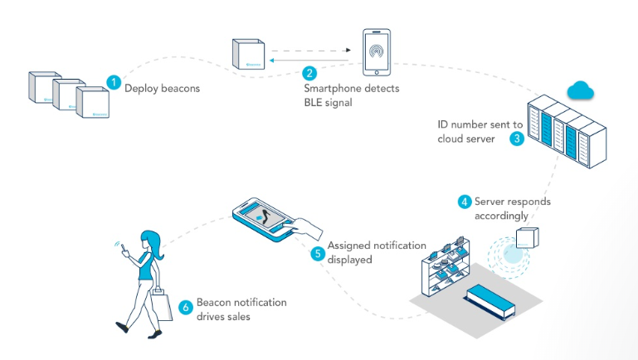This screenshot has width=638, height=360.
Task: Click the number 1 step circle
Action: tap(114, 82)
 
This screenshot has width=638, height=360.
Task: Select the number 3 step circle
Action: tap(517, 139)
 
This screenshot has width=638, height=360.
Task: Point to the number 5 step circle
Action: tap(317, 254)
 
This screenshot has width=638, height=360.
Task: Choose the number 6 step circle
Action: tap(186, 308)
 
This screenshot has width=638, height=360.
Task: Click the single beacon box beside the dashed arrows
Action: tap(247, 54)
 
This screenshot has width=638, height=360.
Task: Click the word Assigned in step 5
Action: tap(349, 246)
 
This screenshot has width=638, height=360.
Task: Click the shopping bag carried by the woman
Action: tap(162, 302)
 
